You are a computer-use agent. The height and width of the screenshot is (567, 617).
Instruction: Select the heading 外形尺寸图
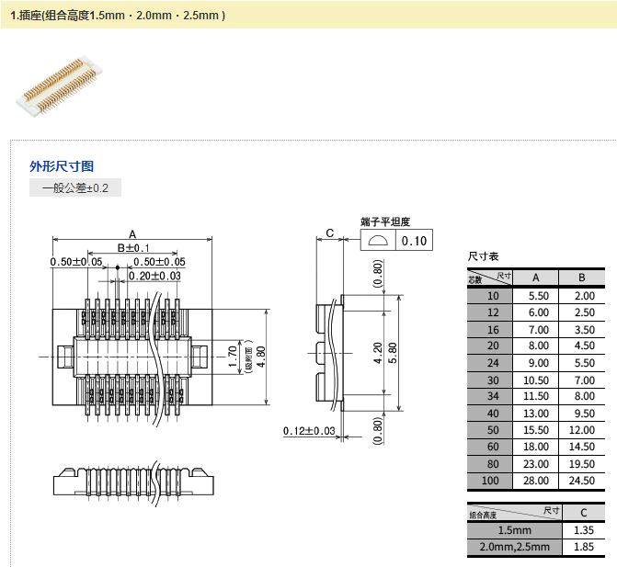point(62,166)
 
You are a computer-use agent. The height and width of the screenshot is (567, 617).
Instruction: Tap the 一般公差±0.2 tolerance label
point(75,188)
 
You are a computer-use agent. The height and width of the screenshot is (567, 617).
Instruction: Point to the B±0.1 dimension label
point(133,248)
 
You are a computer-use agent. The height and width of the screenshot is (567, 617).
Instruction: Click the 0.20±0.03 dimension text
point(154,276)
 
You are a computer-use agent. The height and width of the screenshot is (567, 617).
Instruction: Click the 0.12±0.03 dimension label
point(309,431)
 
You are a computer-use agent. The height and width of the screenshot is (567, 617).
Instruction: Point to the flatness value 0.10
point(416,241)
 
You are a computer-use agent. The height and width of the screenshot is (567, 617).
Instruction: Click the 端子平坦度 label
point(384,221)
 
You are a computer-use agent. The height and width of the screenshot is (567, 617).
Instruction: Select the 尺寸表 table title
point(484,256)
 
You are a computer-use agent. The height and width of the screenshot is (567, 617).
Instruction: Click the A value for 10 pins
point(538,296)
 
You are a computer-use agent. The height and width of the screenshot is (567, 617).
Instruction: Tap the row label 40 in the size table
point(494,414)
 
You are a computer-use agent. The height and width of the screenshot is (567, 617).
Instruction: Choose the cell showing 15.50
point(538,430)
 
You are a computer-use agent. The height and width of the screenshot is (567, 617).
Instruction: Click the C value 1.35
point(583,530)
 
